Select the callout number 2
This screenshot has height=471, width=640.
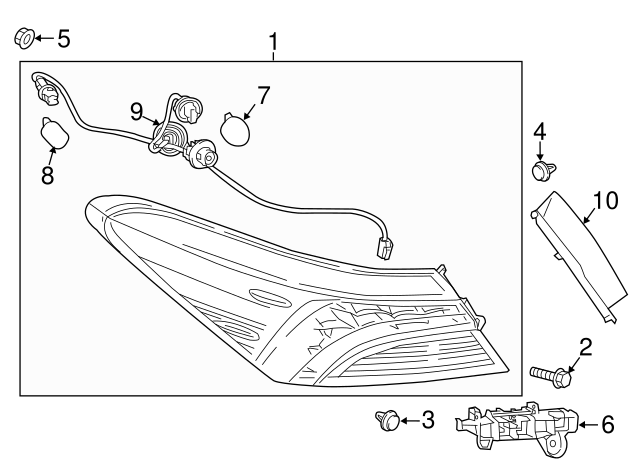coord(586,348)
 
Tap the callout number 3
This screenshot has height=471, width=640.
coord(427,420)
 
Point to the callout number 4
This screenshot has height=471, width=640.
coord(539,131)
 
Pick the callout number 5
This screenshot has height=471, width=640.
coord(63,39)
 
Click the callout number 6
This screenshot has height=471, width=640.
coord(607,424)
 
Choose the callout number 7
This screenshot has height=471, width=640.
coord(263,96)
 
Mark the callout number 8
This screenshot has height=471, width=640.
coord(47,176)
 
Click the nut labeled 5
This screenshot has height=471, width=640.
coord(24,39)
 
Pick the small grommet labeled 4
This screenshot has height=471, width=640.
coord(541,172)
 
